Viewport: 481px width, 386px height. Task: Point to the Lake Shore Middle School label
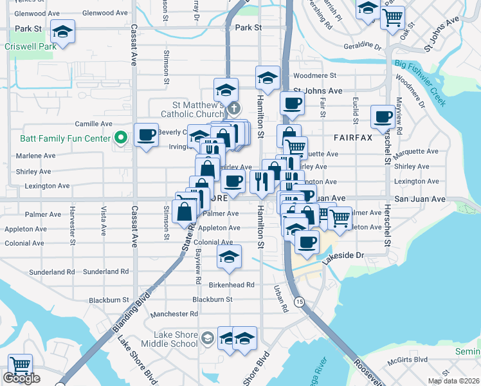coord(176,339)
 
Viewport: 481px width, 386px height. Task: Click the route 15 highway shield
coord(299,301)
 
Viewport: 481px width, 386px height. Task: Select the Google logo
coord(21,379)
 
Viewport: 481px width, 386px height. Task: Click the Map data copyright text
coord(454,381)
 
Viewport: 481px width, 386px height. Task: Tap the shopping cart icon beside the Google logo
coord(20,365)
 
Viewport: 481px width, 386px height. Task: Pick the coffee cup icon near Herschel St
coord(383,116)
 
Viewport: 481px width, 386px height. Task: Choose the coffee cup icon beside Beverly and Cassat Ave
coord(147,134)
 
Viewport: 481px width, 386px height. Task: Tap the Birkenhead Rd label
coord(231,284)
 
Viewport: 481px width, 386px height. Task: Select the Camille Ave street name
coord(93,124)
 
